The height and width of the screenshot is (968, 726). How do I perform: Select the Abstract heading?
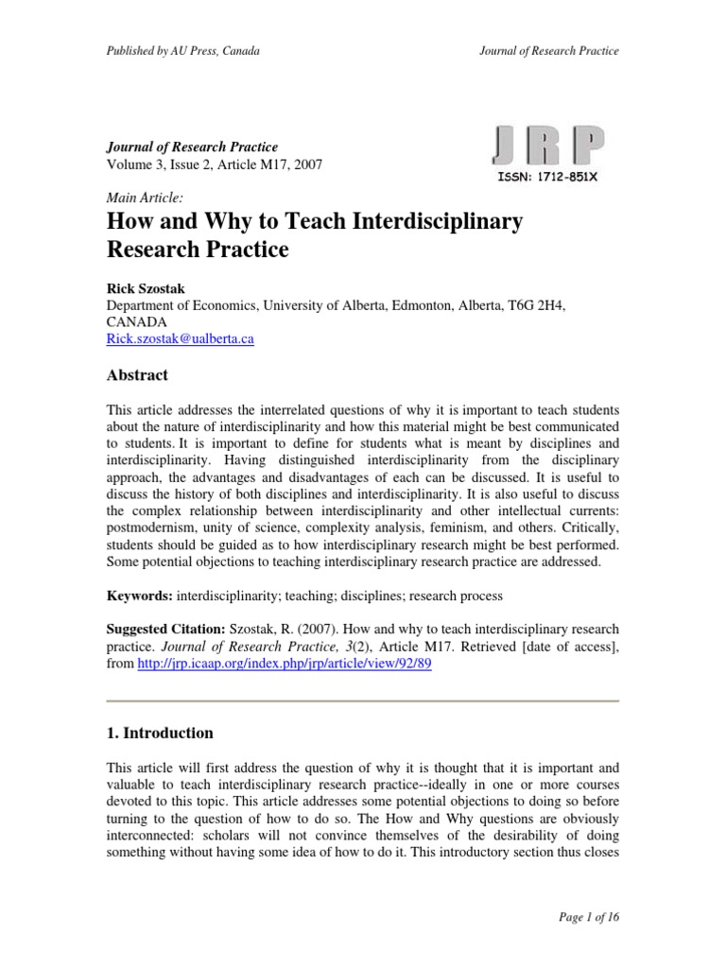click(x=136, y=375)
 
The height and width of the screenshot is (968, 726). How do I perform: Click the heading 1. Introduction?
click(x=159, y=733)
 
